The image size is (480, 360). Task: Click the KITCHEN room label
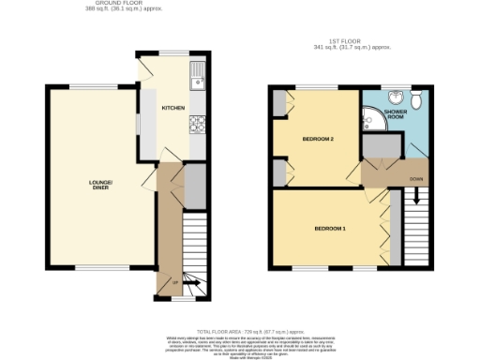click(173, 108)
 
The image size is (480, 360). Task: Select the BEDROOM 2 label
click(318, 139)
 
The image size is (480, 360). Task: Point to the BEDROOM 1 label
click(329, 228)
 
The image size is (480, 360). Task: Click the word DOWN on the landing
click(413, 177)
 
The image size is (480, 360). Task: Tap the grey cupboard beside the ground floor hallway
click(194, 185)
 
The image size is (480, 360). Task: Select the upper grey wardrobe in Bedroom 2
click(279, 105)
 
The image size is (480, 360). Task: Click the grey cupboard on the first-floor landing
click(379, 148)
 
